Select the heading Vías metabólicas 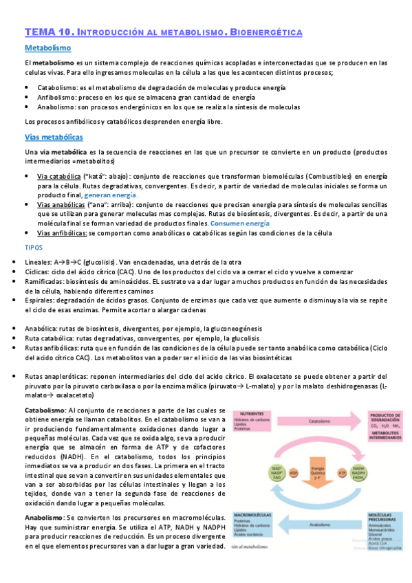coord(54,137)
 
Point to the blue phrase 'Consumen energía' coord(239,223)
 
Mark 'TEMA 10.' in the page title coord(48,32)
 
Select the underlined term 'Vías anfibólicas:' coord(62,233)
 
